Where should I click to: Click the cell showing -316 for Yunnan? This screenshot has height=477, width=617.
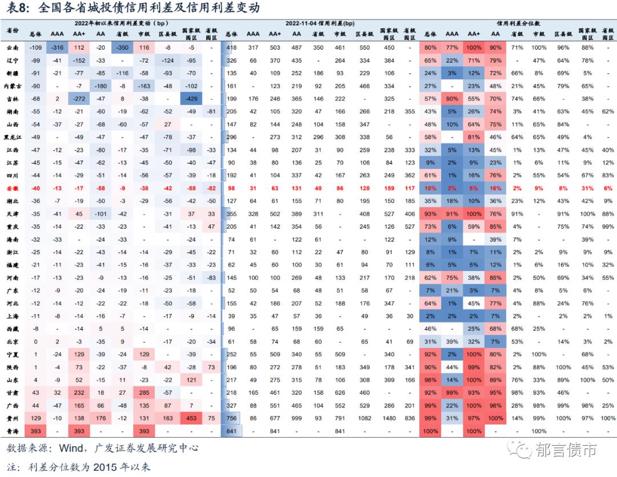pyautogui.click(x=57, y=47)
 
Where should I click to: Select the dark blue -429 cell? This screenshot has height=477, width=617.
pyautogui.click(x=193, y=99)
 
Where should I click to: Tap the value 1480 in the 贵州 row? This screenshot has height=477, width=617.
pyautogui.click(x=389, y=419)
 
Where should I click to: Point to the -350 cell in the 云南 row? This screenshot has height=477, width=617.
pyautogui.click(x=121, y=47)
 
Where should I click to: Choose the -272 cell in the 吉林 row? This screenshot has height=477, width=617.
pyautogui.click(x=79, y=99)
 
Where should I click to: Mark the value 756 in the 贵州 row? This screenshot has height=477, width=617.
pyautogui.click(x=231, y=419)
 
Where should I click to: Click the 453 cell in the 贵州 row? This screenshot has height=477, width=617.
pyautogui.click(x=193, y=419)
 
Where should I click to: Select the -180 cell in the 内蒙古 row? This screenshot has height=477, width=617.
pyautogui.click(x=101, y=86)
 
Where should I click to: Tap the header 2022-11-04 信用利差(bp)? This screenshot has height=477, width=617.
pyautogui.click(x=320, y=23)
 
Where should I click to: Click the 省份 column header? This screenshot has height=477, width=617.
pyautogui.click(x=13, y=29)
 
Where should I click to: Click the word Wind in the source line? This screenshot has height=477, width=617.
pyautogui.click(x=70, y=448)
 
